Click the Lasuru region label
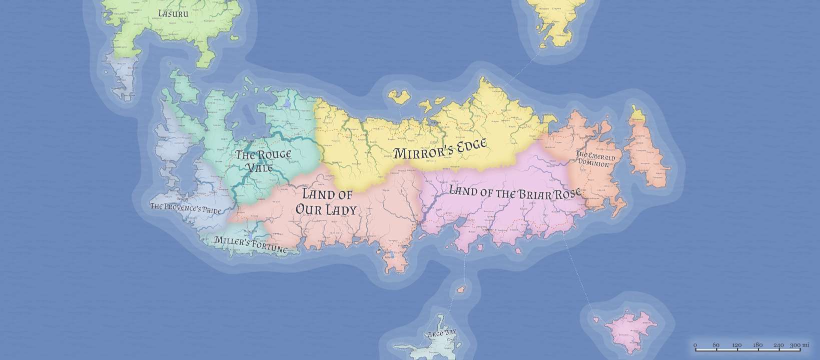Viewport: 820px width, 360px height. click(173, 13)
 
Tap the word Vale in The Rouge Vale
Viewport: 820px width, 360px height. click(261, 167)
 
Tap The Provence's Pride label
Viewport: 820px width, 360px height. click(186, 207)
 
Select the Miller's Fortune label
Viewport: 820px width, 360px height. click(251, 244)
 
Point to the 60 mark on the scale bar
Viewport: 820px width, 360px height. click(716, 345)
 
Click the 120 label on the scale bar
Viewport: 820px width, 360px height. click(736, 345)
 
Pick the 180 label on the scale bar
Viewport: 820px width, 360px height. click(757, 345)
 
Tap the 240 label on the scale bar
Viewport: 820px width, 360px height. click(778, 345)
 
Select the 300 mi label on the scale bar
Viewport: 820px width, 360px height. click(799, 345)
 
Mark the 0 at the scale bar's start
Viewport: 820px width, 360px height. click(695, 345)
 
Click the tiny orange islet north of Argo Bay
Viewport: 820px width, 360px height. click(461, 289)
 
